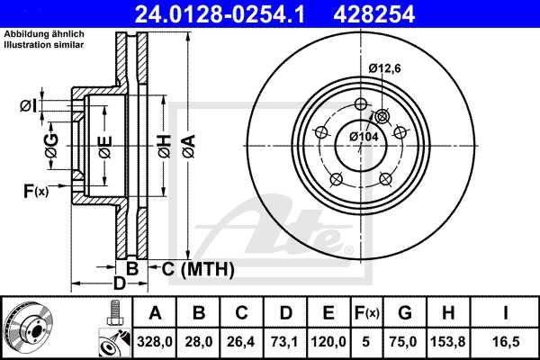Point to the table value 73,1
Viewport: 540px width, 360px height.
click(x=286, y=343)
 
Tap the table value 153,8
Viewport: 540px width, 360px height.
click(x=448, y=343)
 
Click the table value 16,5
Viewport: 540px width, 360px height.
click(x=506, y=343)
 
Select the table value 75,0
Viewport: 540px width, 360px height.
click(x=405, y=343)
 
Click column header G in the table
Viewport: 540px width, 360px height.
click(x=405, y=313)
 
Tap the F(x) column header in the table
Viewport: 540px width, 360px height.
click(x=368, y=313)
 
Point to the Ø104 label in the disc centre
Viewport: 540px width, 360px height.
click(x=364, y=136)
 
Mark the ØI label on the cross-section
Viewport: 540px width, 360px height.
click(x=27, y=107)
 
